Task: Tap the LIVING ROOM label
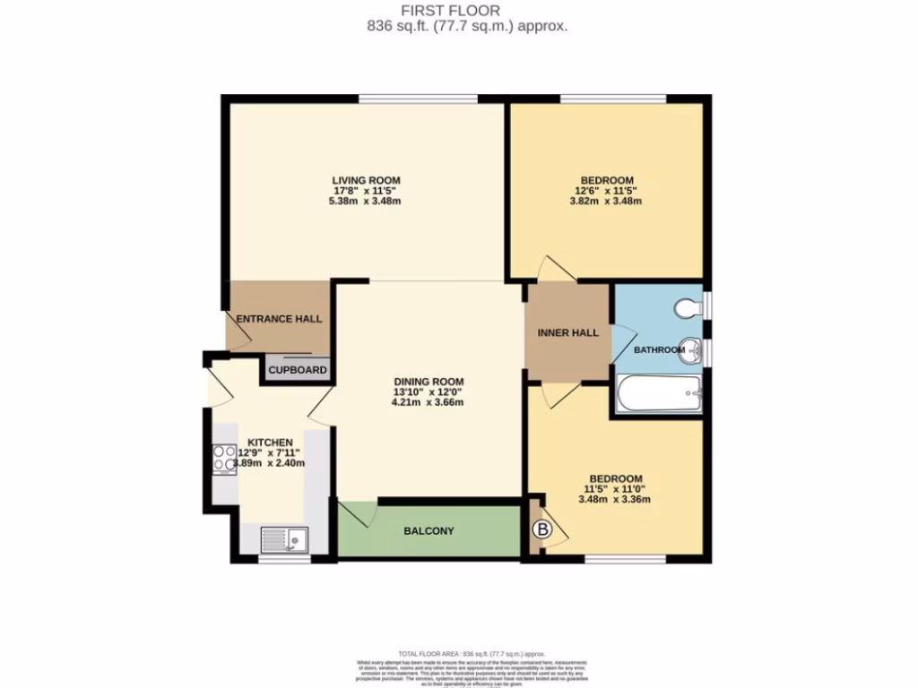point(367,180)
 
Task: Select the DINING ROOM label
point(427,381)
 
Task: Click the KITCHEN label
point(270,443)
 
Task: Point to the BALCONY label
point(429,531)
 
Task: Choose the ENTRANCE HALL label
point(279,319)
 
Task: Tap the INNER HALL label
point(567,333)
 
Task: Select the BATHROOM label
point(659,349)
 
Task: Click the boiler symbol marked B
point(541,530)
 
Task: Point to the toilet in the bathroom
point(688,308)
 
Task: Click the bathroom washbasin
point(691,350)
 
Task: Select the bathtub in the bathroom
point(659,394)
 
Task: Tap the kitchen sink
point(283,539)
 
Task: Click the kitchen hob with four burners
point(223,460)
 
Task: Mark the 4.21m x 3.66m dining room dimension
point(427,402)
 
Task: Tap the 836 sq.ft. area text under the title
point(467,26)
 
